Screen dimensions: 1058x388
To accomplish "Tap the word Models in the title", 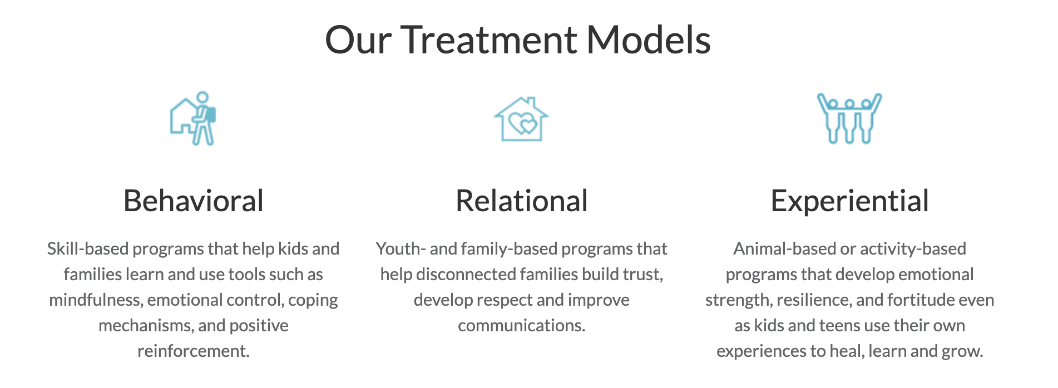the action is (x=649, y=40).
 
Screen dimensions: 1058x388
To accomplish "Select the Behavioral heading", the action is (x=194, y=201).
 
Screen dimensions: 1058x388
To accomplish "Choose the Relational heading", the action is (x=522, y=201).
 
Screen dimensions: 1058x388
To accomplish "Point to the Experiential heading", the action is (x=849, y=202).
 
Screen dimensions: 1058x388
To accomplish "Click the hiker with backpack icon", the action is (x=193, y=118).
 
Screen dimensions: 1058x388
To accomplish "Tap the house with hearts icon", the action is (x=521, y=119).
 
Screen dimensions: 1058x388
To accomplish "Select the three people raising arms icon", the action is (x=849, y=118).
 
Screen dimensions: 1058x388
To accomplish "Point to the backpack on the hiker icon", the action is (x=211, y=115).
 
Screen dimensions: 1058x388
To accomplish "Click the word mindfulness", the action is (x=95, y=300).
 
